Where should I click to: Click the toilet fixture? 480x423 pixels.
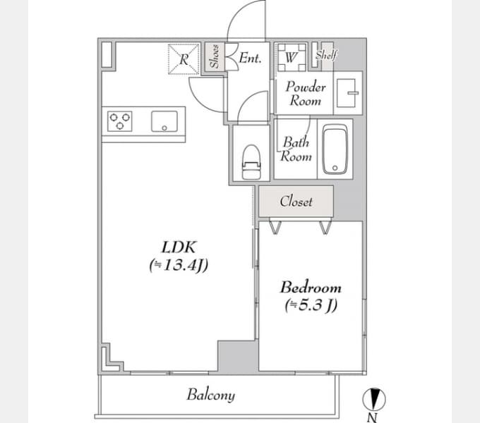click(x=251, y=161)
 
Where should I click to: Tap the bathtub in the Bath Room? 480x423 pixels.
click(x=335, y=149)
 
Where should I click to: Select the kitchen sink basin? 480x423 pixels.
click(x=164, y=121)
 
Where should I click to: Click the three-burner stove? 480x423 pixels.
click(x=120, y=121)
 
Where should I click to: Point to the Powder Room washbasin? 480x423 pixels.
click(x=347, y=93)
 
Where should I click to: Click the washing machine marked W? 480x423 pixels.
click(x=292, y=57)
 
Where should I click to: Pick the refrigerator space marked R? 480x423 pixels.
click(x=184, y=59)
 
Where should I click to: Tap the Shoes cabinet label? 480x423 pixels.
click(x=215, y=56)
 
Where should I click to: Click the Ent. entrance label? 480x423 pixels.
click(x=250, y=58)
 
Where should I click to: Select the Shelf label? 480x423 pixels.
click(x=326, y=55)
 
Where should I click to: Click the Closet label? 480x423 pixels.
click(x=296, y=201)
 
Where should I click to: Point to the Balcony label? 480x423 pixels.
click(x=211, y=395)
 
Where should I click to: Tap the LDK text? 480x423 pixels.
click(x=179, y=247)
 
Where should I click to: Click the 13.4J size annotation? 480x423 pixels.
click(x=179, y=265)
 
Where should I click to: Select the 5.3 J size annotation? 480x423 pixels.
click(x=311, y=305)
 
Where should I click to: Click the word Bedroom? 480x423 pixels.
click(x=311, y=288)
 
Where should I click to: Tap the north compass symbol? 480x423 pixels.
click(x=374, y=399)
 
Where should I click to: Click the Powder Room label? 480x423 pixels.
click(x=306, y=94)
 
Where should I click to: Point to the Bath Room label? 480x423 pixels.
click(x=295, y=149)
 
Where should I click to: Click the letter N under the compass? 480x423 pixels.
click(x=372, y=417)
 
